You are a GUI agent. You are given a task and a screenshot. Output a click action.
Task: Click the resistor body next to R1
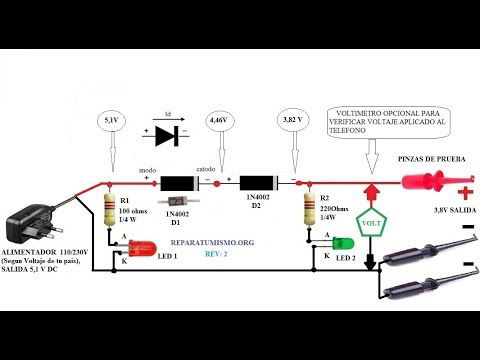click(111, 207)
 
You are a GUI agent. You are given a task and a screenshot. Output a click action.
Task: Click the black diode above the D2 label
click(262, 184)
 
